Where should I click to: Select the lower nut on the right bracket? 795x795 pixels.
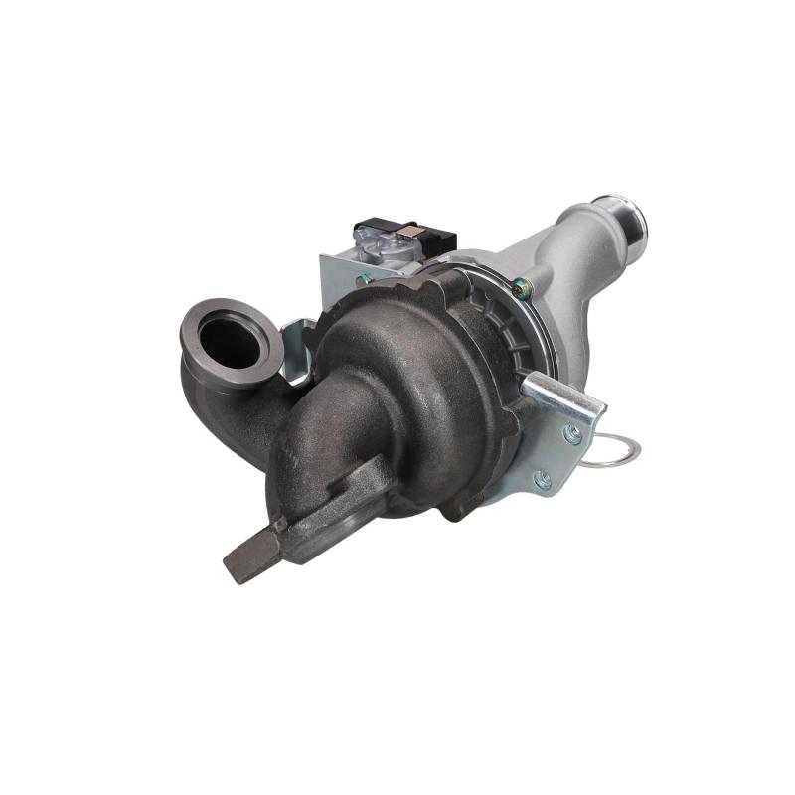point(542,480)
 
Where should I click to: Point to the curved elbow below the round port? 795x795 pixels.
point(214,397)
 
